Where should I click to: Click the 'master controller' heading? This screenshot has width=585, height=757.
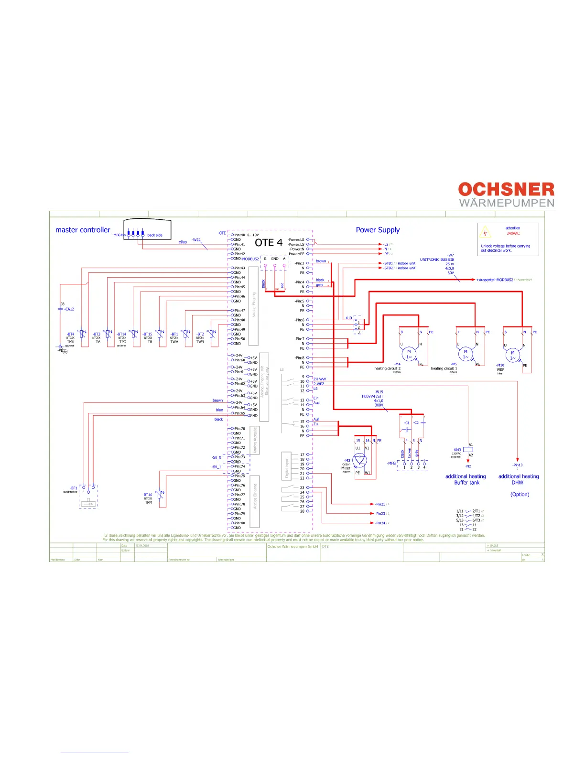(x=83, y=230)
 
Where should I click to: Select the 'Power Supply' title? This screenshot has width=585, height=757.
(x=378, y=230)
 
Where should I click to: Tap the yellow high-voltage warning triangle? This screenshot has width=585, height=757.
(x=486, y=233)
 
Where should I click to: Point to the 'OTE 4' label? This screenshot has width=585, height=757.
(x=269, y=243)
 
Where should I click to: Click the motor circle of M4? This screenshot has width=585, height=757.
(x=409, y=354)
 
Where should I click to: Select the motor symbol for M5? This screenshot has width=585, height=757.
(x=466, y=354)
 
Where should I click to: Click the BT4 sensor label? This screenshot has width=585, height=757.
(x=70, y=335)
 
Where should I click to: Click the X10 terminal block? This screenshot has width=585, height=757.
(x=358, y=325)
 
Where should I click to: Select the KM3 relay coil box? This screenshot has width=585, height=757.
(x=468, y=449)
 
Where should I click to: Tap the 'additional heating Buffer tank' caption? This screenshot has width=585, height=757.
(x=466, y=479)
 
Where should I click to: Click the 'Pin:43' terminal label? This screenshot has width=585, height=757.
(x=239, y=268)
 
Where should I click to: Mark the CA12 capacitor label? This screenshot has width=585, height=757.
(x=69, y=309)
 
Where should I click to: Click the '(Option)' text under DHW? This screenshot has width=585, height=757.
(x=520, y=495)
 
